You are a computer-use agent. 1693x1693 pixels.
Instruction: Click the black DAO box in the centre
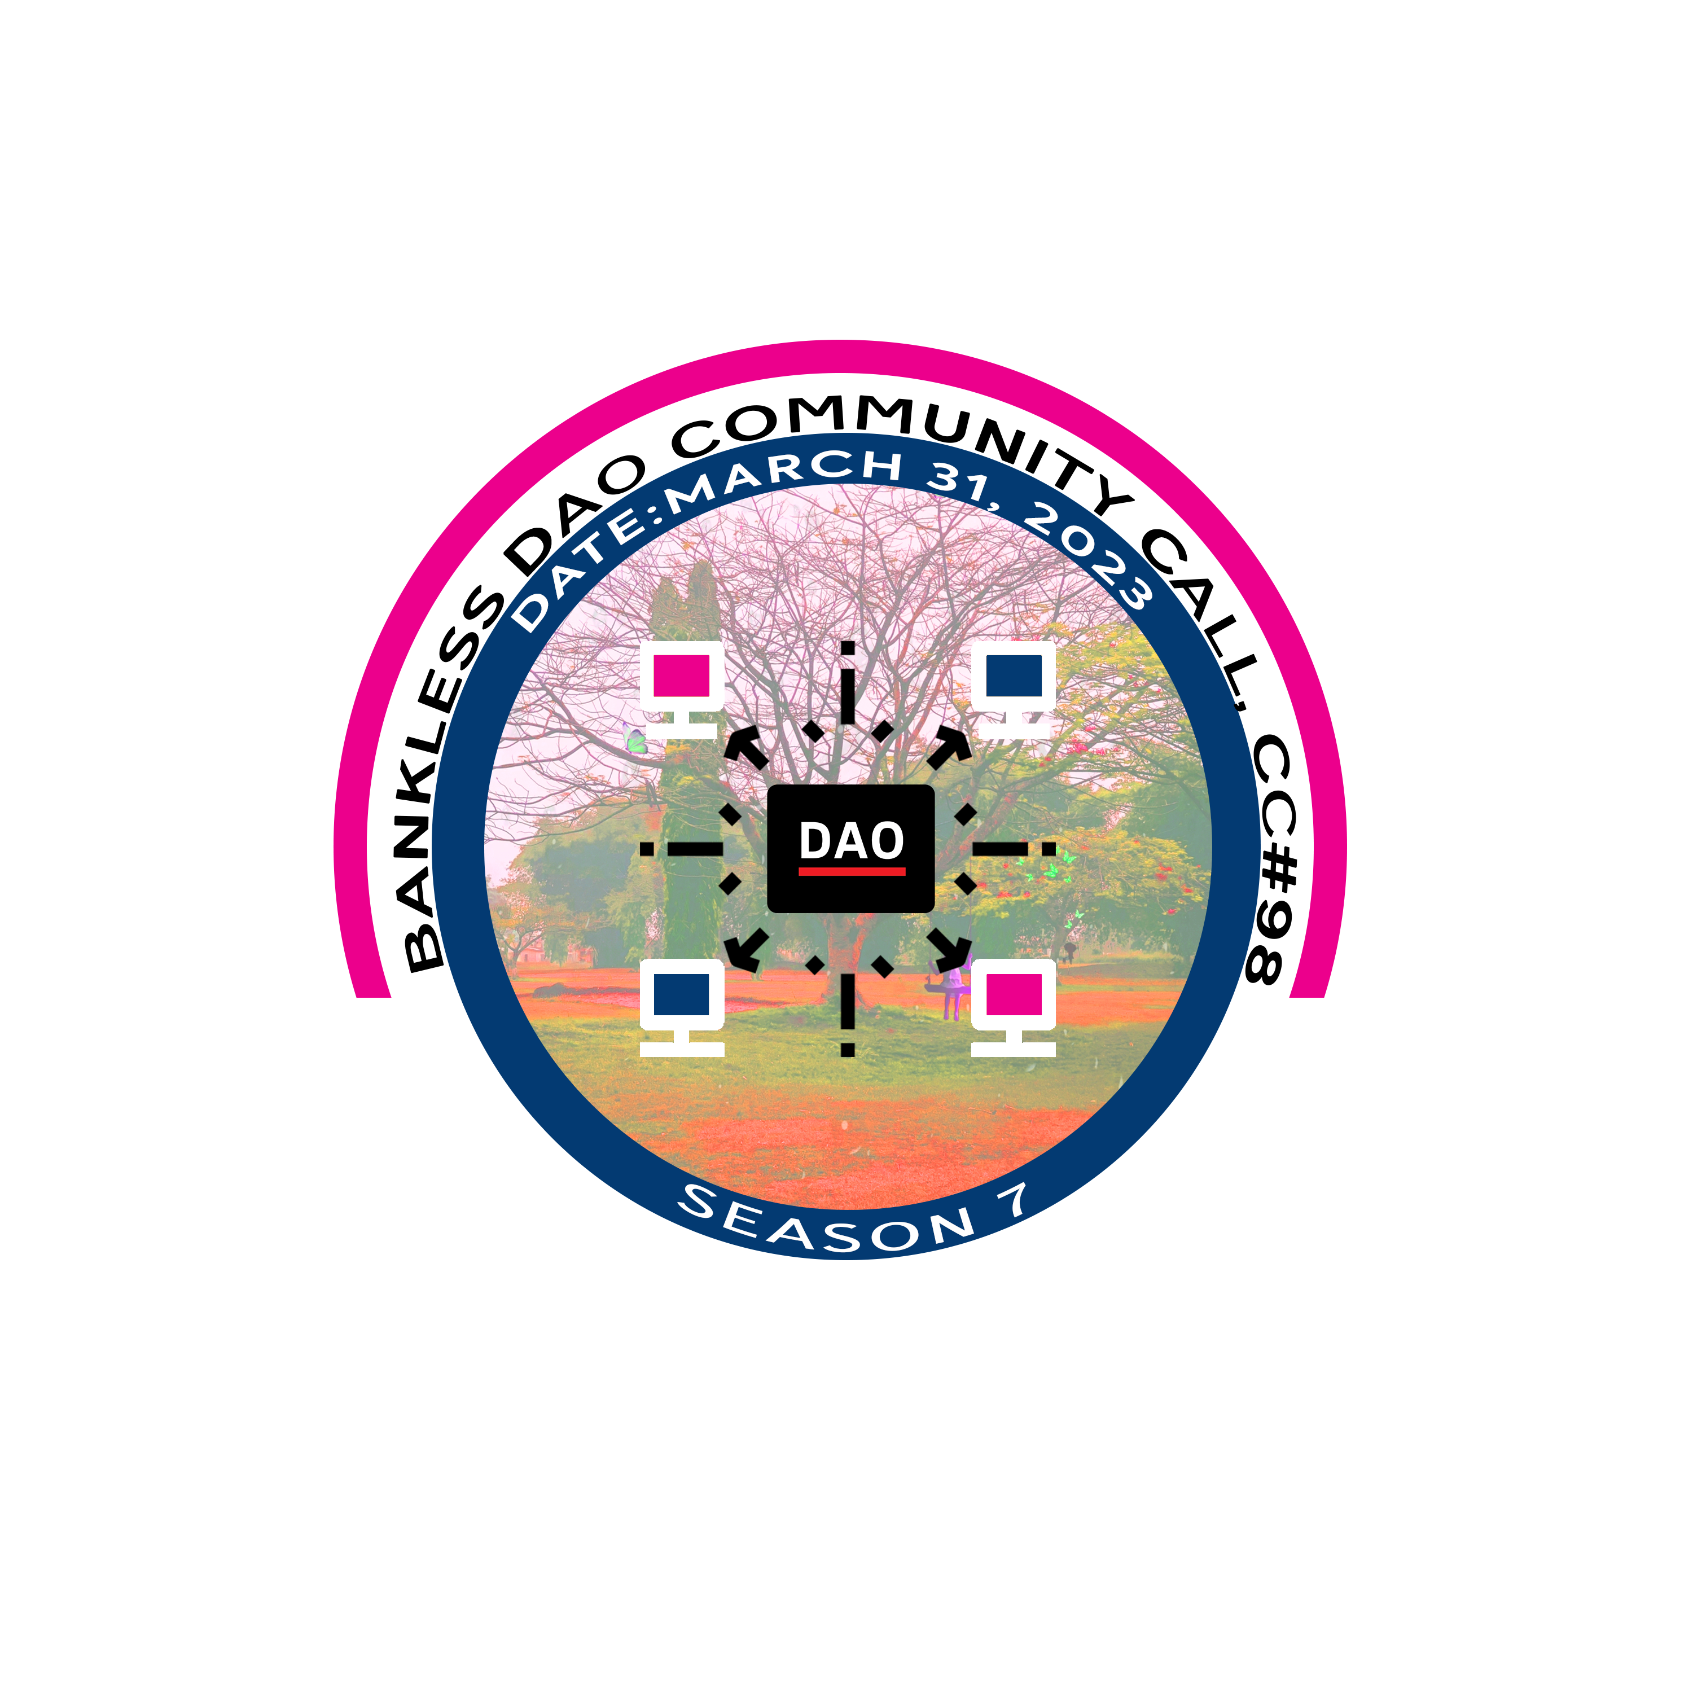pos(850,848)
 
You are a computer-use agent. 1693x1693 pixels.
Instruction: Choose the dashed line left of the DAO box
pos(683,848)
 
